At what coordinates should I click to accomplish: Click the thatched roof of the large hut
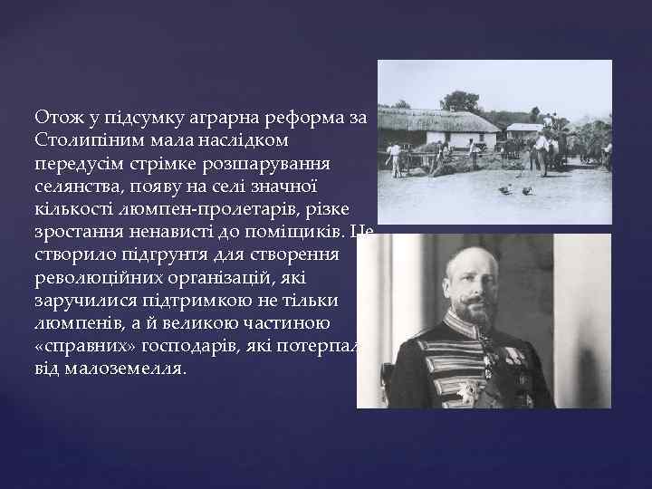(443, 120)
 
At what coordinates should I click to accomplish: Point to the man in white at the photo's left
(396, 157)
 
